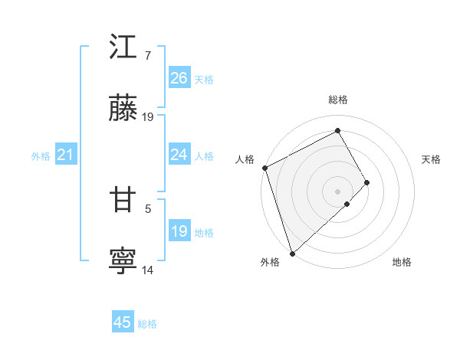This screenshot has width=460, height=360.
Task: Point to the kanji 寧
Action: (x=123, y=261)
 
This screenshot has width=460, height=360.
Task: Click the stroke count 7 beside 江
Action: (x=147, y=56)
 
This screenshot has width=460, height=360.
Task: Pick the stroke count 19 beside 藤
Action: (x=148, y=117)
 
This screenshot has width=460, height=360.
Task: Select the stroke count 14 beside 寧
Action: (x=148, y=270)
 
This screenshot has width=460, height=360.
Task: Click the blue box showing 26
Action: (x=179, y=77)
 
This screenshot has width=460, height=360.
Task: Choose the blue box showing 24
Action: (x=179, y=155)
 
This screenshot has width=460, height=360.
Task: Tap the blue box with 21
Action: (x=66, y=155)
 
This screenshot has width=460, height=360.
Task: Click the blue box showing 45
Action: (x=122, y=322)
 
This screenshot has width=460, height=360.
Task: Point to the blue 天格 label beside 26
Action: (x=204, y=79)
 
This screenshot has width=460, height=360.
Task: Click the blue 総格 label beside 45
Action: (x=147, y=324)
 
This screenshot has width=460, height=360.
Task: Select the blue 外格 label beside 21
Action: (x=41, y=156)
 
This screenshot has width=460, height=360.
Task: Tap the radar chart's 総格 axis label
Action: (x=337, y=100)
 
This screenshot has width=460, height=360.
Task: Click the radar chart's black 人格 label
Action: (x=245, y=159)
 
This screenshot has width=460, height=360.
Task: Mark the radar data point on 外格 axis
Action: (x=291, y=252)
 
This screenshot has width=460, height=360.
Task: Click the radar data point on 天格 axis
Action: (x=367, y=182)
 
